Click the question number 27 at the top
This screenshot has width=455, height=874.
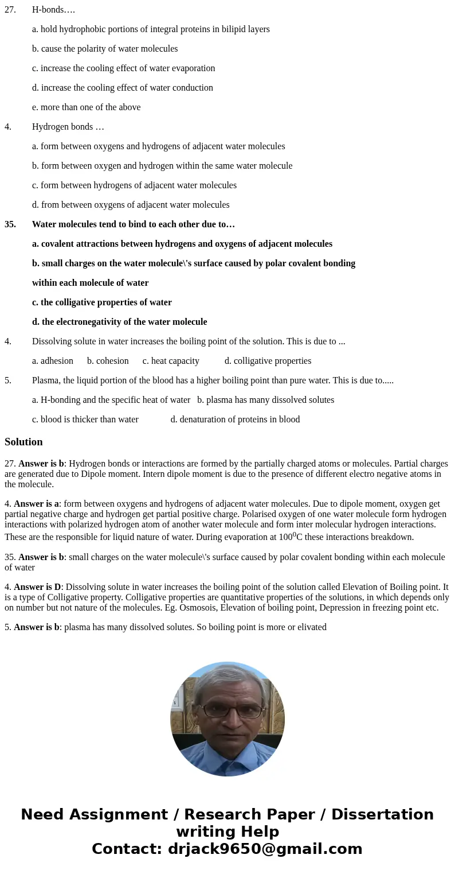pos(10,10)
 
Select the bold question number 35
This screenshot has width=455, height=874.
pos(10,224)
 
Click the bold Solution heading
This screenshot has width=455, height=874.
pos(23,442)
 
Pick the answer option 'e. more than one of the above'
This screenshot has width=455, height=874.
pos(86,107)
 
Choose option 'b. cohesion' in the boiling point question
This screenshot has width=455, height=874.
pos(108,361)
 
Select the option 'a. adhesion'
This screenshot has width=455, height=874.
pos(53,361)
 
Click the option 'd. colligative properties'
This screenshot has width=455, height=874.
pos(268,361)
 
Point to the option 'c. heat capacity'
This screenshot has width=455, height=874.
pos(171,361)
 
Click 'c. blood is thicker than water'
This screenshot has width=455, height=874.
pos(85,419)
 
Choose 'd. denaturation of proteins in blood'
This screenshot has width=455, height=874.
pos(235,419)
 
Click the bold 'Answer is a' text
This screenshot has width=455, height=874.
pos(37,504)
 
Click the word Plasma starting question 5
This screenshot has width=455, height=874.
pos(45,380)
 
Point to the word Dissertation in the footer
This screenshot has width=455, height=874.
pos(382,815)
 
